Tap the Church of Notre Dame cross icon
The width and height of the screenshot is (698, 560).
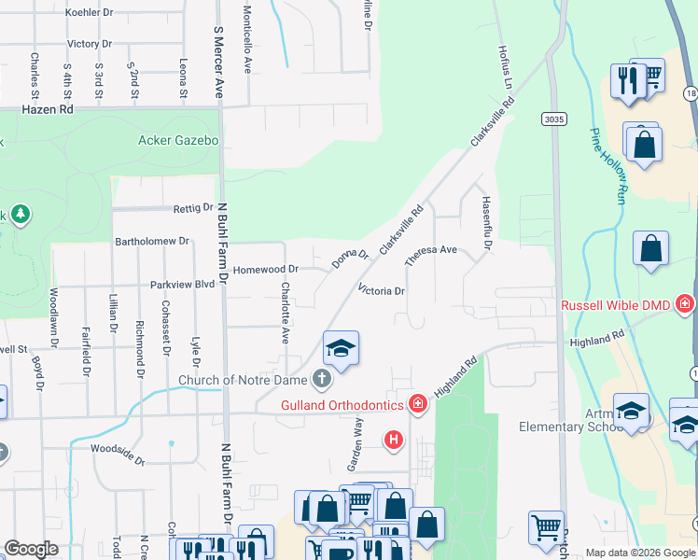tap(322, 379)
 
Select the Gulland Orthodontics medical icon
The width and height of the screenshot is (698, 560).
tap(418, 404)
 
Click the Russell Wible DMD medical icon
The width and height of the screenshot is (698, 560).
tap(686, 304)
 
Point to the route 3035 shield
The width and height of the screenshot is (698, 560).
tap(552, 119)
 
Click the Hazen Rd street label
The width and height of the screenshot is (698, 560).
tap(47, 109)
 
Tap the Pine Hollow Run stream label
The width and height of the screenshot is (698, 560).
tap(607, 166)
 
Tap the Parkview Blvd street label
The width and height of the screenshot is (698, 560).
tap(182, 285)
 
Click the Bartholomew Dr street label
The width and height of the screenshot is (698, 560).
tap(151, 241)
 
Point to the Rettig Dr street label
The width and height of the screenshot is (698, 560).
tap(194, 208)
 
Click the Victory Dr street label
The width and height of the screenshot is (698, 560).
tap(90, 44)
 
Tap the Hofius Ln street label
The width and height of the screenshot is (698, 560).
tap(505, 64)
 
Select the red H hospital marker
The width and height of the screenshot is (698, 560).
tap(394, 439)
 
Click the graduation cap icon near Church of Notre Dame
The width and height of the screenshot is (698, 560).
tap(341, 348)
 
